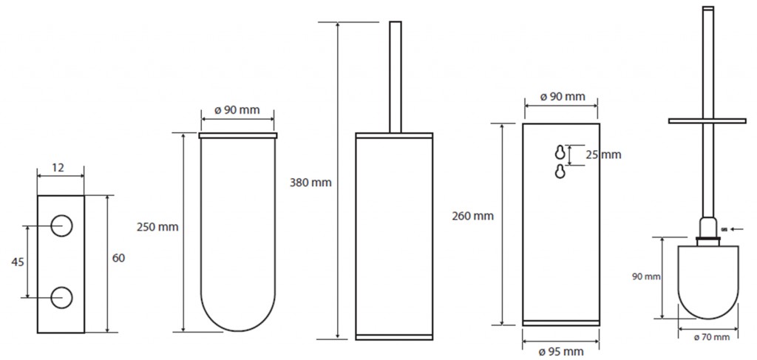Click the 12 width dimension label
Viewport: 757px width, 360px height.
(x=58, y=168)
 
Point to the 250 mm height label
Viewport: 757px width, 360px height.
(x=157, y=227)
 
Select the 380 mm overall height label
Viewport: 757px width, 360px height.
(x=311, y=182)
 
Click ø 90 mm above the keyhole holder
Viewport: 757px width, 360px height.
(x=562, y=97)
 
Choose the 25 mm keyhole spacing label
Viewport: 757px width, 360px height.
(x=602, y=154)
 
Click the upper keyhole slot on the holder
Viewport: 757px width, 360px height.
(x=560, y=152)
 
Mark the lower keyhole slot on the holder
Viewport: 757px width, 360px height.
(x=560, y=171)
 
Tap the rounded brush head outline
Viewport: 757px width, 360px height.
(x=707, y=281)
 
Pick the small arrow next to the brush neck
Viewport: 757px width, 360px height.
(x=736, y=229)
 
